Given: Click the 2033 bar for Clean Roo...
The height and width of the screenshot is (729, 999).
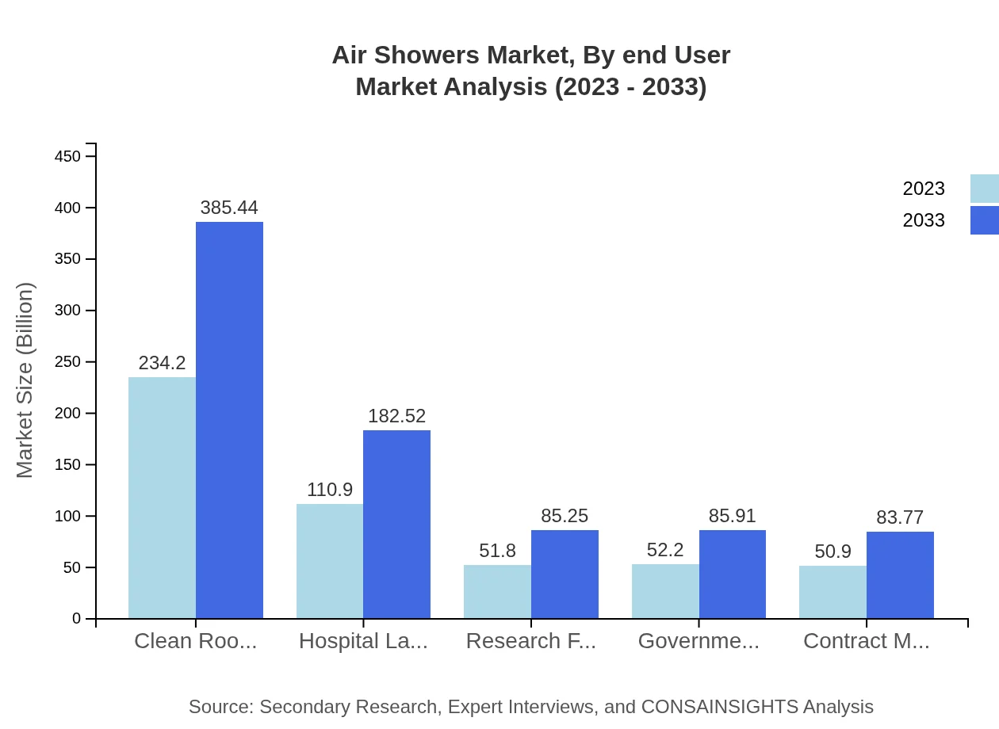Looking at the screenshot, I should tap(229, 420).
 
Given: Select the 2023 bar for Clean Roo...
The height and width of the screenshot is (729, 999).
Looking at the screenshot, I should tap(162, 498).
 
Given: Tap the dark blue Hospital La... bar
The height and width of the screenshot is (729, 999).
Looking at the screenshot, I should tap(396, 524).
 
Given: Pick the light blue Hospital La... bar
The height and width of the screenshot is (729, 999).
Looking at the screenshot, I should tap(330, 561).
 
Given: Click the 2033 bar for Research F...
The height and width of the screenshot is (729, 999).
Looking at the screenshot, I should tap(565, 574).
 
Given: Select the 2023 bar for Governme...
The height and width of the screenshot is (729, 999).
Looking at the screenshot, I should tap(665, 591).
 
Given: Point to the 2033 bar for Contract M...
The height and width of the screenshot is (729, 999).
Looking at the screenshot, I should tap(900, 574).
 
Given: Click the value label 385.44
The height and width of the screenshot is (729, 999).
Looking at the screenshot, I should tap(229, 208).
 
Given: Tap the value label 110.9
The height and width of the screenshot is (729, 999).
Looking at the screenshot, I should tap(330, 490).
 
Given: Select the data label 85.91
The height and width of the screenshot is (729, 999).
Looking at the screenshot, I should tap(732, 516).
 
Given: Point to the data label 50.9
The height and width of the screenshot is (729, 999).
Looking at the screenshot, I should tap(832, 552).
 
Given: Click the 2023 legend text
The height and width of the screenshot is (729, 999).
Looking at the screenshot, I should tap(924, 189).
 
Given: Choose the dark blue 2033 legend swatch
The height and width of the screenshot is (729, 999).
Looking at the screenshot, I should tap(984, 220).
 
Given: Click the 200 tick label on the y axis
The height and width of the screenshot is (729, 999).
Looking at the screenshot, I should tap(67, 414).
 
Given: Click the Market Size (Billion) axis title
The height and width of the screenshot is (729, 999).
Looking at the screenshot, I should tap(25, 380).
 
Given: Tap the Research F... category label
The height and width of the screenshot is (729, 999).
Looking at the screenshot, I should tap(530, 641).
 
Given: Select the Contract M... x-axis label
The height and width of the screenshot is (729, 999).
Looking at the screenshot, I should tap(866, 641).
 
